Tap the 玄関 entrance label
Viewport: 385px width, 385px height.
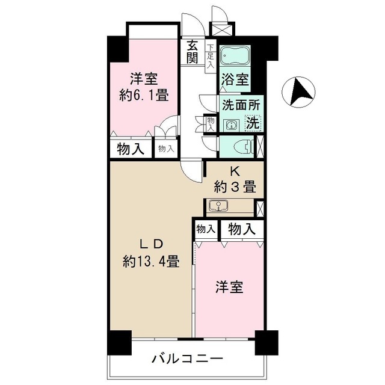point(192,52)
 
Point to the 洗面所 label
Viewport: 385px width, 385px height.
point(241,104)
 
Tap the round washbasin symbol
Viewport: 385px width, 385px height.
point(230,125)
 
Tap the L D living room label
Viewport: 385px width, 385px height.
point(150,244)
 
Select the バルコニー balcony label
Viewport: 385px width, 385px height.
point(187,360)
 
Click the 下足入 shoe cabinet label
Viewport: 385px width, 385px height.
point(210,54)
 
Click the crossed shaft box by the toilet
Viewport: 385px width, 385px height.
point(260,146)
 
